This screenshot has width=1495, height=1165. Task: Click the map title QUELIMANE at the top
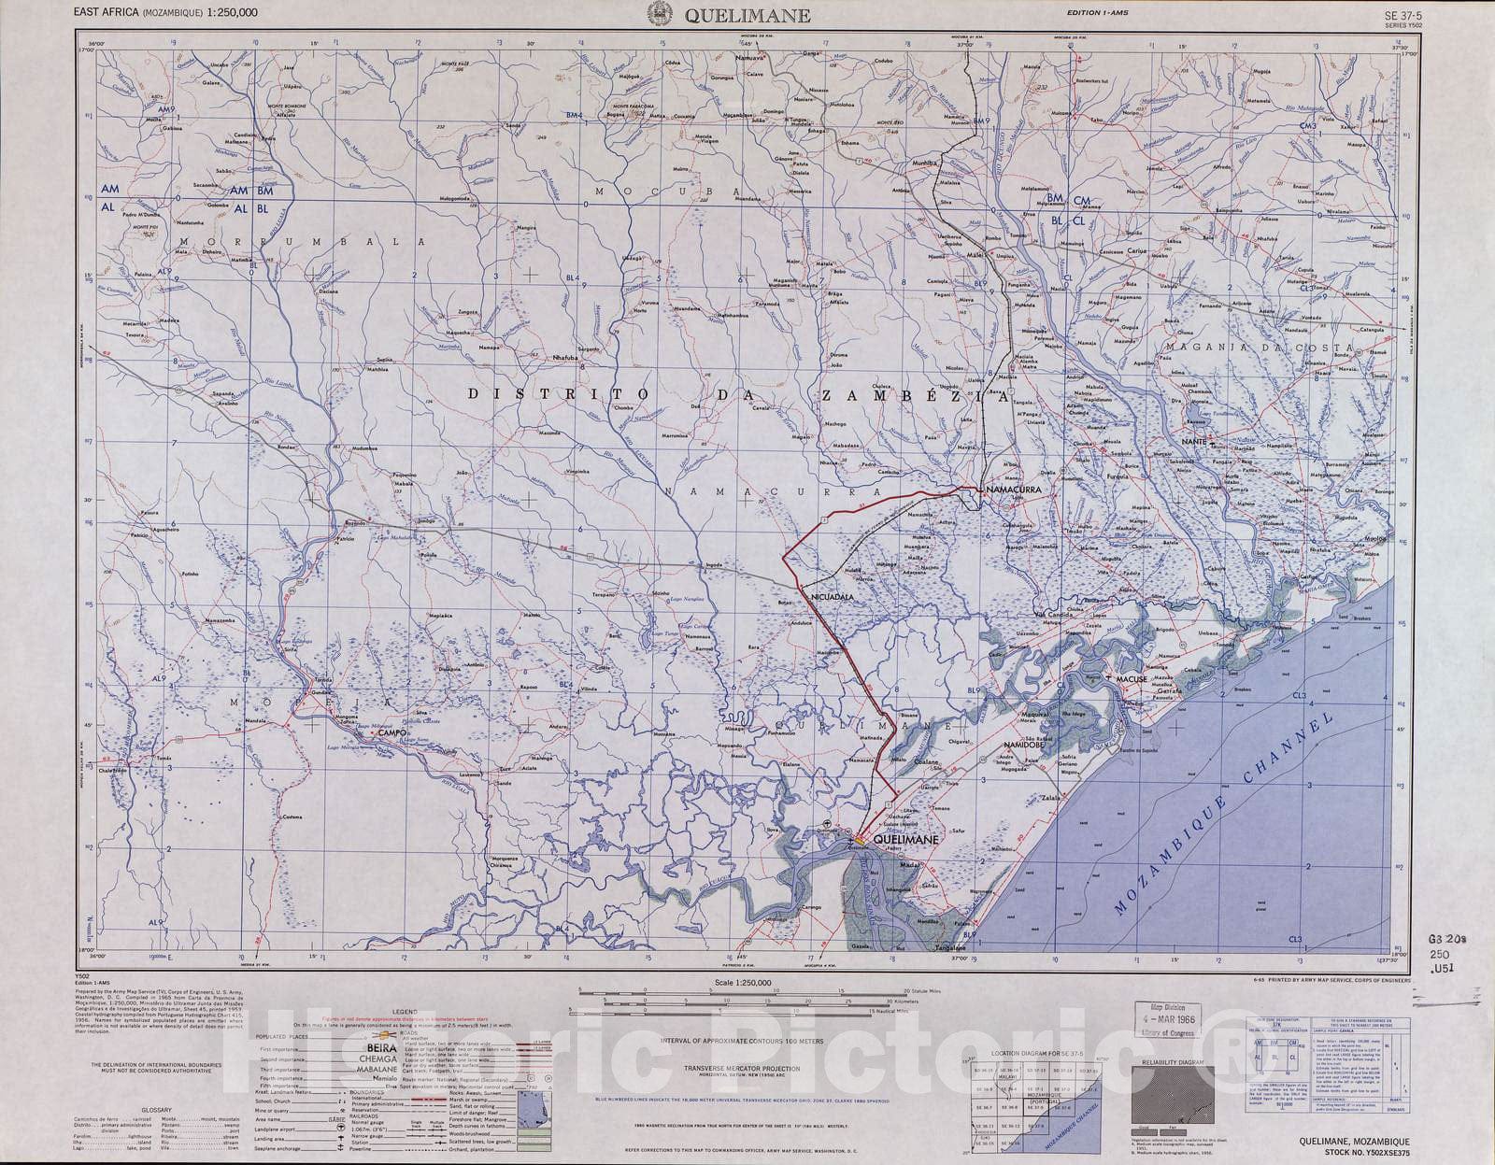747,15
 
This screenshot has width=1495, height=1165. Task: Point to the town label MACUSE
1131,679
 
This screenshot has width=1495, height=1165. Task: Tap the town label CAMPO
392,734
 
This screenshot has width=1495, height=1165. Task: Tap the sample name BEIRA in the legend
381,1046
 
